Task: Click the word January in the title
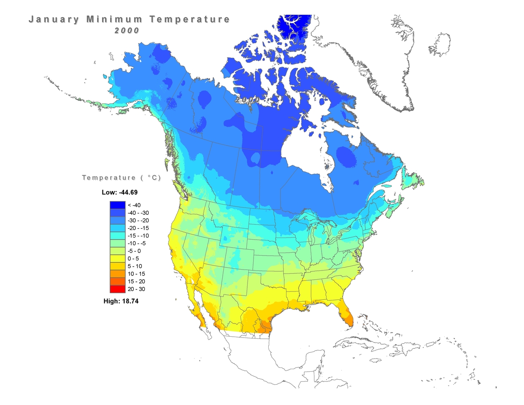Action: pos(53,19)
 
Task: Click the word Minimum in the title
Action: pos(113,19)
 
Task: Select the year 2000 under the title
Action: pos(127,30)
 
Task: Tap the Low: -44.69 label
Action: pos(120,192)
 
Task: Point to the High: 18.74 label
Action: pos(121,301)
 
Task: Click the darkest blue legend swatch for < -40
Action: pos(118,205)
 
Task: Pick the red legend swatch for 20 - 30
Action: pos(118,289)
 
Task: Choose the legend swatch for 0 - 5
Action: pos(118,258)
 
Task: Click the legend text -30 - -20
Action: pos(138,221)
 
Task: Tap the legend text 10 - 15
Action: pos(136,274)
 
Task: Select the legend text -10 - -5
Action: pos(137,243)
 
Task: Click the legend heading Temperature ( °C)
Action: pos(122,178)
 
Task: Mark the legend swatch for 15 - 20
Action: pos(118,281)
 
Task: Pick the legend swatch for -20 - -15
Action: pos(118,228)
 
